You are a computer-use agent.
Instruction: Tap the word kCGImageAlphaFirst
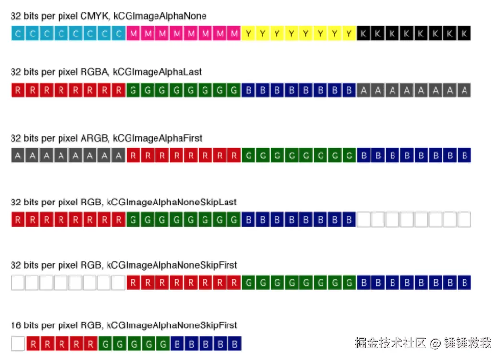[x=157, y=138]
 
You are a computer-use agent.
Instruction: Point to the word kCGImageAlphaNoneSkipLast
[x=171, y=202]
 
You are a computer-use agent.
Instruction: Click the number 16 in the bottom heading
[x=15, y=325]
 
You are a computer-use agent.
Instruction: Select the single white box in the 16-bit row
[x=18, y=344]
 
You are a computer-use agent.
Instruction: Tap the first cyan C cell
[x=18, y=34]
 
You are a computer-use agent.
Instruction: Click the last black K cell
[x=464, y=34]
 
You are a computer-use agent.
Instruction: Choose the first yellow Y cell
[x=248, y=34]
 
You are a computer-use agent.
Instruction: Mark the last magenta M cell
[x=234, y=34]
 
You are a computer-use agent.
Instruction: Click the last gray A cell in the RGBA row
[x=464, y=90]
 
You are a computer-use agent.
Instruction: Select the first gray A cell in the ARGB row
[x=18, y=156]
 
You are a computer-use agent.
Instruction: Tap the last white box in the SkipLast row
[x=464, y=220]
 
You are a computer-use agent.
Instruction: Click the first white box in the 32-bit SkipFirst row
[x=18, y=283]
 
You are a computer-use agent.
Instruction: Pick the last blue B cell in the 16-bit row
[x=234, y=344]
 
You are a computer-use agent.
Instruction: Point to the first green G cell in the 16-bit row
[x=105, y=344]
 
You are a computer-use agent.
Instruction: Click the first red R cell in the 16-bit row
[x=33, y=344]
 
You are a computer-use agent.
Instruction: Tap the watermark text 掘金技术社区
[x=391, y=343]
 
